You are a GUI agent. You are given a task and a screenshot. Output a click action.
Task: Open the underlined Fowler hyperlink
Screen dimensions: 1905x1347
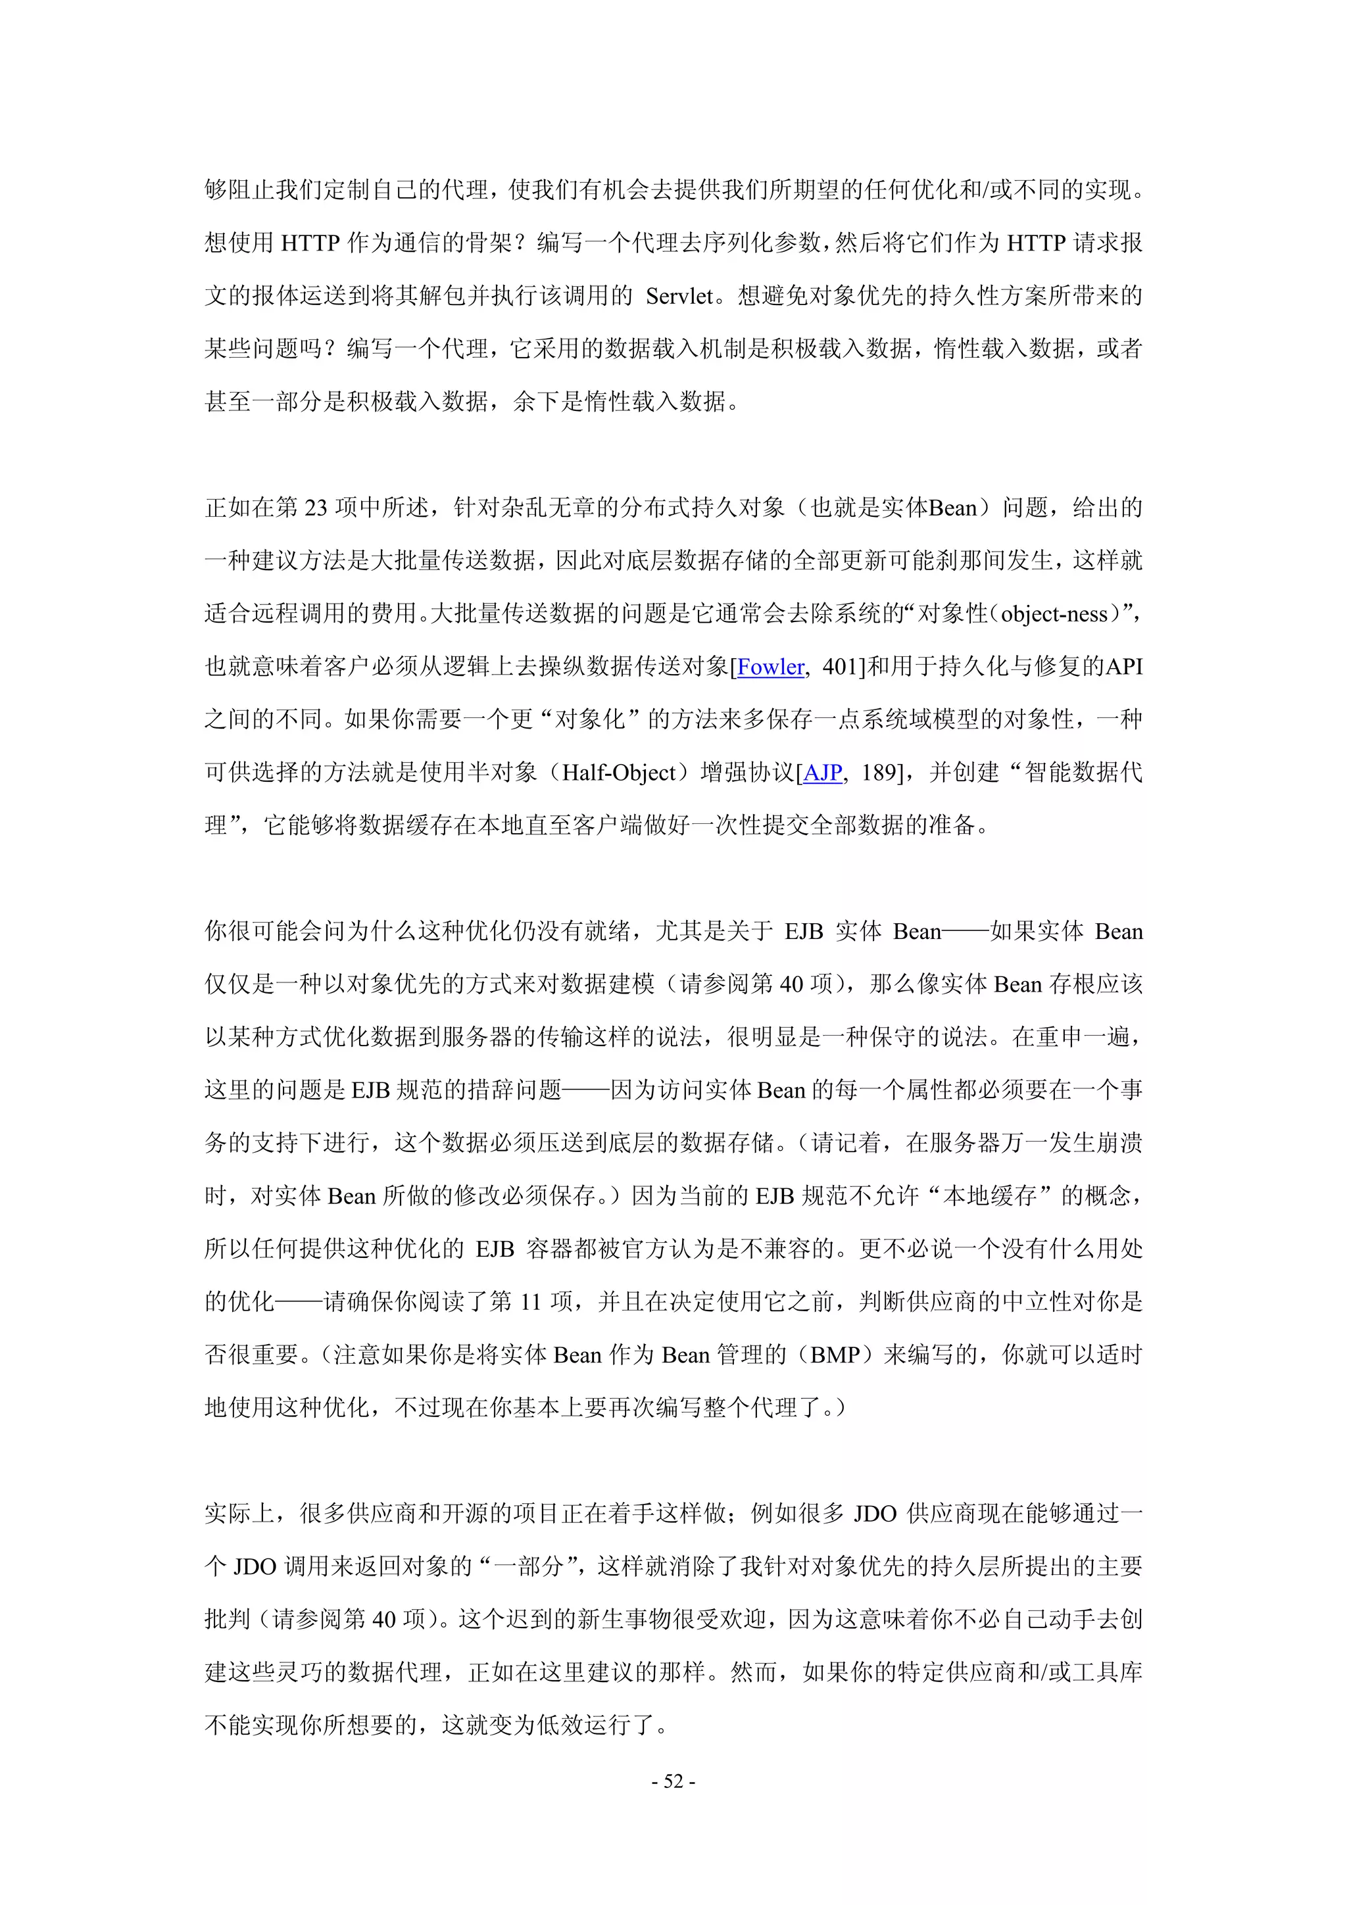click(x=770, y=667)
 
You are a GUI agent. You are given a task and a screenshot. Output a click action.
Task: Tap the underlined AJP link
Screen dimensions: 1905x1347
click(x=823, y=773)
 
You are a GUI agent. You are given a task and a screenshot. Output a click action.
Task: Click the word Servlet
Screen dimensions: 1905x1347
click(x=679, y=296)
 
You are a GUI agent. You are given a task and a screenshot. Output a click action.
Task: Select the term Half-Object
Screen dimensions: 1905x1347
click(x=619, y=773)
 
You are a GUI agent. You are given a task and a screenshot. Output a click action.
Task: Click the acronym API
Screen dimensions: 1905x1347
click(x=1124, y=667)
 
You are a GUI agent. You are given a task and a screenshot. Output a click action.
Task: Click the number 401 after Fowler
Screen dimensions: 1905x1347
click(x=839, y=667)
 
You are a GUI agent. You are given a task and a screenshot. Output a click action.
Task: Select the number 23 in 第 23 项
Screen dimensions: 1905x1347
click(x=316, y=508)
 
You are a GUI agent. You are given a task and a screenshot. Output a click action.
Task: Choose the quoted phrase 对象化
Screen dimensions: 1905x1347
click(x=589, y=719)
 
